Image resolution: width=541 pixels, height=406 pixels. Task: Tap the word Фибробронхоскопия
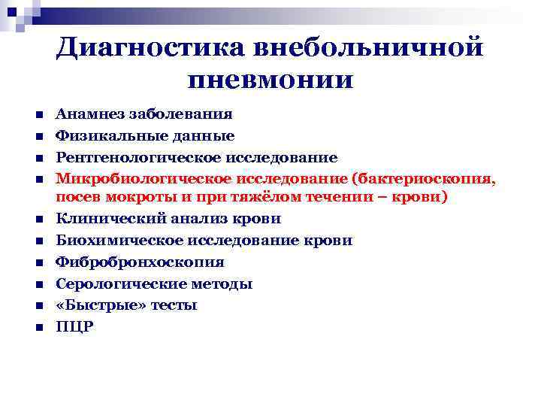point(140,262)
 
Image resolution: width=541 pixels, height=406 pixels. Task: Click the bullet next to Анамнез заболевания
point(37,116)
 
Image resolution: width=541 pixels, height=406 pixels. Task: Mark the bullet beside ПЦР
point(37,327)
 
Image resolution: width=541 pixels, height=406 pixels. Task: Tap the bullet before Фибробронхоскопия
point(37,263)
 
